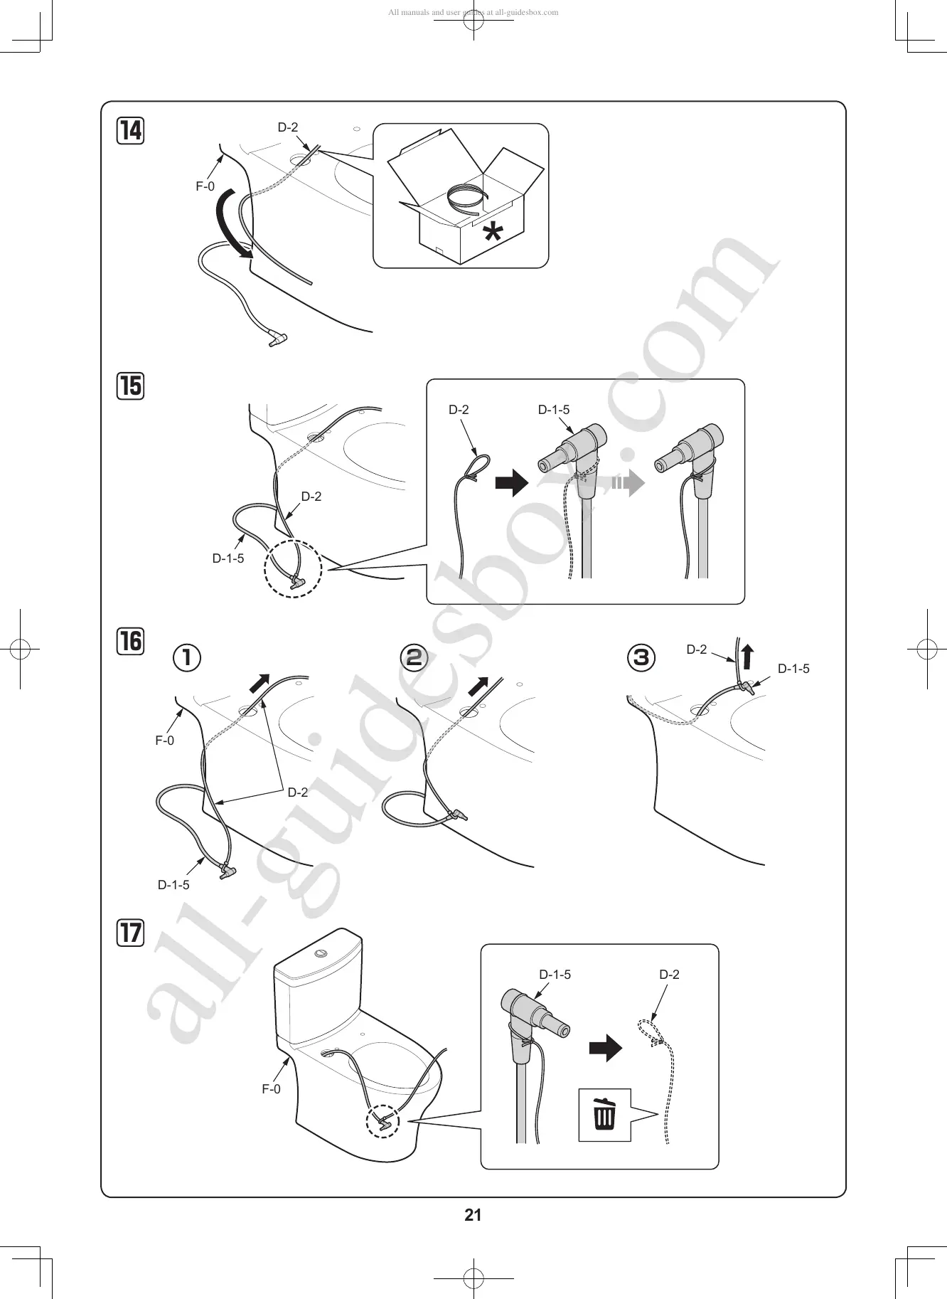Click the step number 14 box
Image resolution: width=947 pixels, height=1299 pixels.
(131, 131)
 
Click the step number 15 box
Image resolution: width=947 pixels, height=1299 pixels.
(131, 386)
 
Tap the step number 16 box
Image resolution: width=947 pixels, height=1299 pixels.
(131, 640)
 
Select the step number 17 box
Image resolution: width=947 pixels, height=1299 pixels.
(131, 932)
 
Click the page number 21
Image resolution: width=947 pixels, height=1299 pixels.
(473, 1214)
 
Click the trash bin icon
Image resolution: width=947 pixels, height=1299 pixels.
(604, 1114)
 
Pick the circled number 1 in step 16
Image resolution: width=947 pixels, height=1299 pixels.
(187, 657)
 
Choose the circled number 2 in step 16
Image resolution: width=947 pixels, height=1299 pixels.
(414, 657)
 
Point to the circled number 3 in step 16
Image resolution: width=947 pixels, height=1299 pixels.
(641, 657)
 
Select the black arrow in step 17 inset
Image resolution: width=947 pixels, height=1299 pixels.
(605, 1048)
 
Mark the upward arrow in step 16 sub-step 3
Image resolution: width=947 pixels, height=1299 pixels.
(747, 655)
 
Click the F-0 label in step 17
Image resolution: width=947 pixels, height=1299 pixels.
(271, 1089)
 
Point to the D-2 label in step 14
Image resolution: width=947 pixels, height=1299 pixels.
(288, 127)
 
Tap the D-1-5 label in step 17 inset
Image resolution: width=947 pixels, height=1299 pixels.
(555, 975)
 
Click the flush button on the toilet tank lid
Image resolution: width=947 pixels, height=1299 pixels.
(321, 952)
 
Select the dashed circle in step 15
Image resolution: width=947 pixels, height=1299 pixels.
(293, 569)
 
